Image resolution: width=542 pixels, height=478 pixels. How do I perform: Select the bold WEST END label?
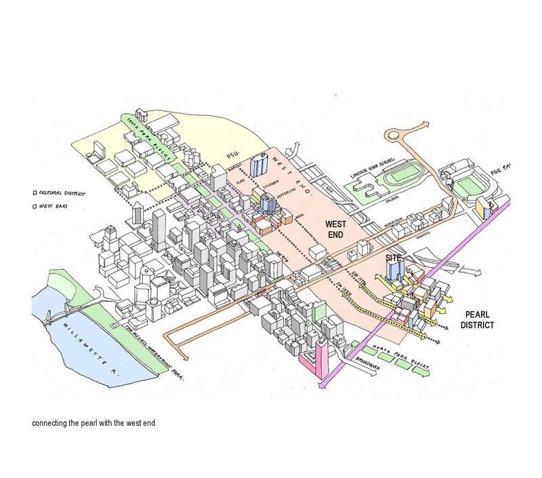click(337, 228)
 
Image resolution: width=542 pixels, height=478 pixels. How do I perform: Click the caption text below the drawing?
click(93, 424)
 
